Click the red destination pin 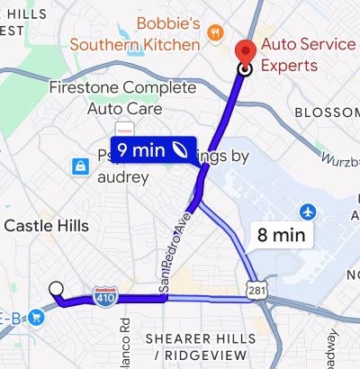[244, 52]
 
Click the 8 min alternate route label [281, 236]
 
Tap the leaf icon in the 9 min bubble [181, 150]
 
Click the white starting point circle [56, 289]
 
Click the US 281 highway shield [258, 291]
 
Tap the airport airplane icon [309, 211]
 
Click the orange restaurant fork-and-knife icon [214, 33]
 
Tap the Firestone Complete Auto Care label [122, 99]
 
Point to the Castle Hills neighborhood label [46, 225]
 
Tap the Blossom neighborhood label [327, 112]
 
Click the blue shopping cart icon [36, 316]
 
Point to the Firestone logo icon [124, 127]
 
